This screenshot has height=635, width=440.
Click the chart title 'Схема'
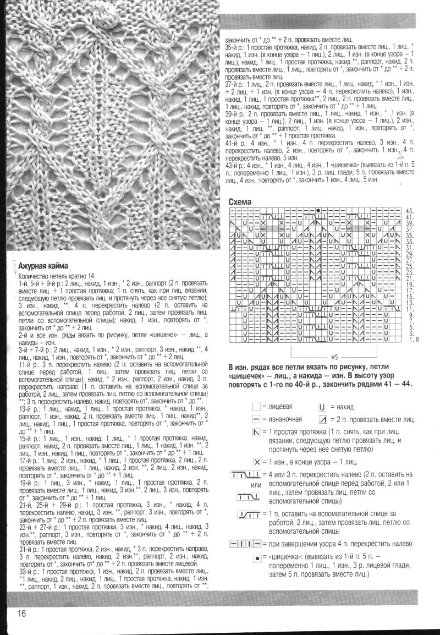[240, 202]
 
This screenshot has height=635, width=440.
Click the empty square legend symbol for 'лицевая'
[256, 407]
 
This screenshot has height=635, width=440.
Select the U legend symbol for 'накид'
[322, 407]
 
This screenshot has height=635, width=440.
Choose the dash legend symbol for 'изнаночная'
[256, 420]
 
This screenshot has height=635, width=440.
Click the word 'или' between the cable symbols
[256, 485]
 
